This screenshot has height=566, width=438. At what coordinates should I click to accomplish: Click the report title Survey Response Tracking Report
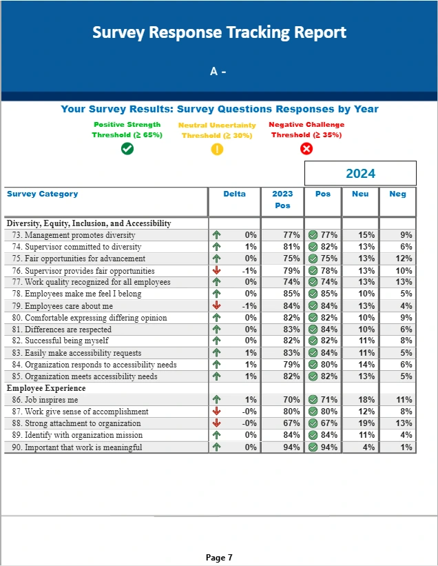pyautogui.click(x=219, y=32)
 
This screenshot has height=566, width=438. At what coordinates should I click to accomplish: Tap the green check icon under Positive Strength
pyautogui.click(x=127, y=148)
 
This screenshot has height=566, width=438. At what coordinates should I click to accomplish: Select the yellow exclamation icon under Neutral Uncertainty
pyautogui.click(x=217, y=149)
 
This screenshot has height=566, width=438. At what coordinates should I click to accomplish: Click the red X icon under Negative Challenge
pyautogui.click(x=306, y=149)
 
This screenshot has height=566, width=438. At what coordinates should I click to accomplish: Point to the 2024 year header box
pyautogui.click(x=360, y=173)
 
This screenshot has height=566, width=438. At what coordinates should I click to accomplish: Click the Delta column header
pyautogui.click(x=234, y=194)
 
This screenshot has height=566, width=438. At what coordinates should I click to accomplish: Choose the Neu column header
pyautogui.click(x=360, y=194)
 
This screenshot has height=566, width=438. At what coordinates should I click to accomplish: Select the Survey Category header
pyautogui.click(x=43, y=194)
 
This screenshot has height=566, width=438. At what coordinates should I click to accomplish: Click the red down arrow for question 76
pyautogui.click(x=217, y=270)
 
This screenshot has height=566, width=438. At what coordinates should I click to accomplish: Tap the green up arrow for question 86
pyautogui.click(x=217, y=400)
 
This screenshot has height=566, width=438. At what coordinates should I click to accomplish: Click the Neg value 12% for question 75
pyautogui.click(x=404, y=259)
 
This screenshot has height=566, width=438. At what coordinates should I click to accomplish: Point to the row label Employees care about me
pyautogui.click(x=69, y=306)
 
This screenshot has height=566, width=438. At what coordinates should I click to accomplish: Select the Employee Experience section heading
pyautogui.click(x=45, y=388)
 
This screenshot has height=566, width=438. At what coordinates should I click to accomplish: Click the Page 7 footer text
pyautogui.click(x=219, y=557)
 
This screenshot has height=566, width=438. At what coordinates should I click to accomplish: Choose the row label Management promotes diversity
pyautogui.click(x=80, y=235)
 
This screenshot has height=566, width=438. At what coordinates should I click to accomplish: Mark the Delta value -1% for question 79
pyautogui.click(x=249, y=306)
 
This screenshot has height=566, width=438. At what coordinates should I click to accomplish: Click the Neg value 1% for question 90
pyautogui.click(x=406, y=447)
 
